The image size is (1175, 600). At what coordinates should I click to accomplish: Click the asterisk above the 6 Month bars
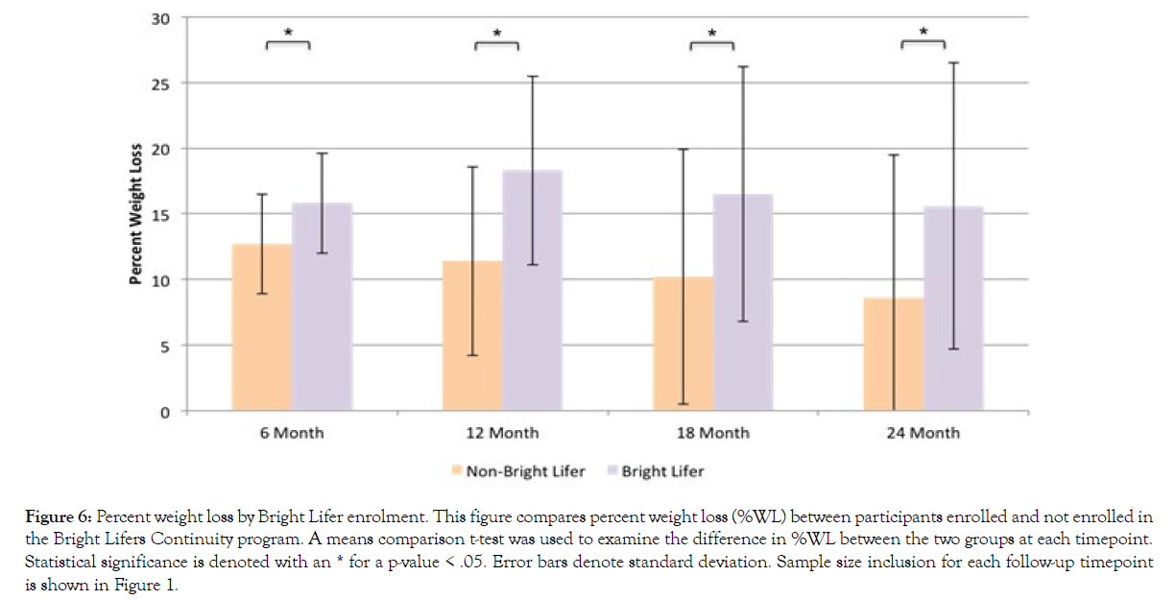pyautogui.click(x=288, y=33)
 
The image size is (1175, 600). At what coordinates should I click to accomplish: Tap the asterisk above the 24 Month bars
pyautogui.click(x=923, y=33)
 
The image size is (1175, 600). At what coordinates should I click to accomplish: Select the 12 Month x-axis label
pyautogui.click(x=501, y=433)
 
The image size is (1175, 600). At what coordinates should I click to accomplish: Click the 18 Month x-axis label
pyautogui.click(x=711, y=433)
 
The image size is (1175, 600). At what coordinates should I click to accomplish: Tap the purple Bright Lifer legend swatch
pyautogui.click(x=611, y=471)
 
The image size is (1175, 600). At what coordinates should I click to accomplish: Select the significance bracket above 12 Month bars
pyautogui.click(x=497, y=44)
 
